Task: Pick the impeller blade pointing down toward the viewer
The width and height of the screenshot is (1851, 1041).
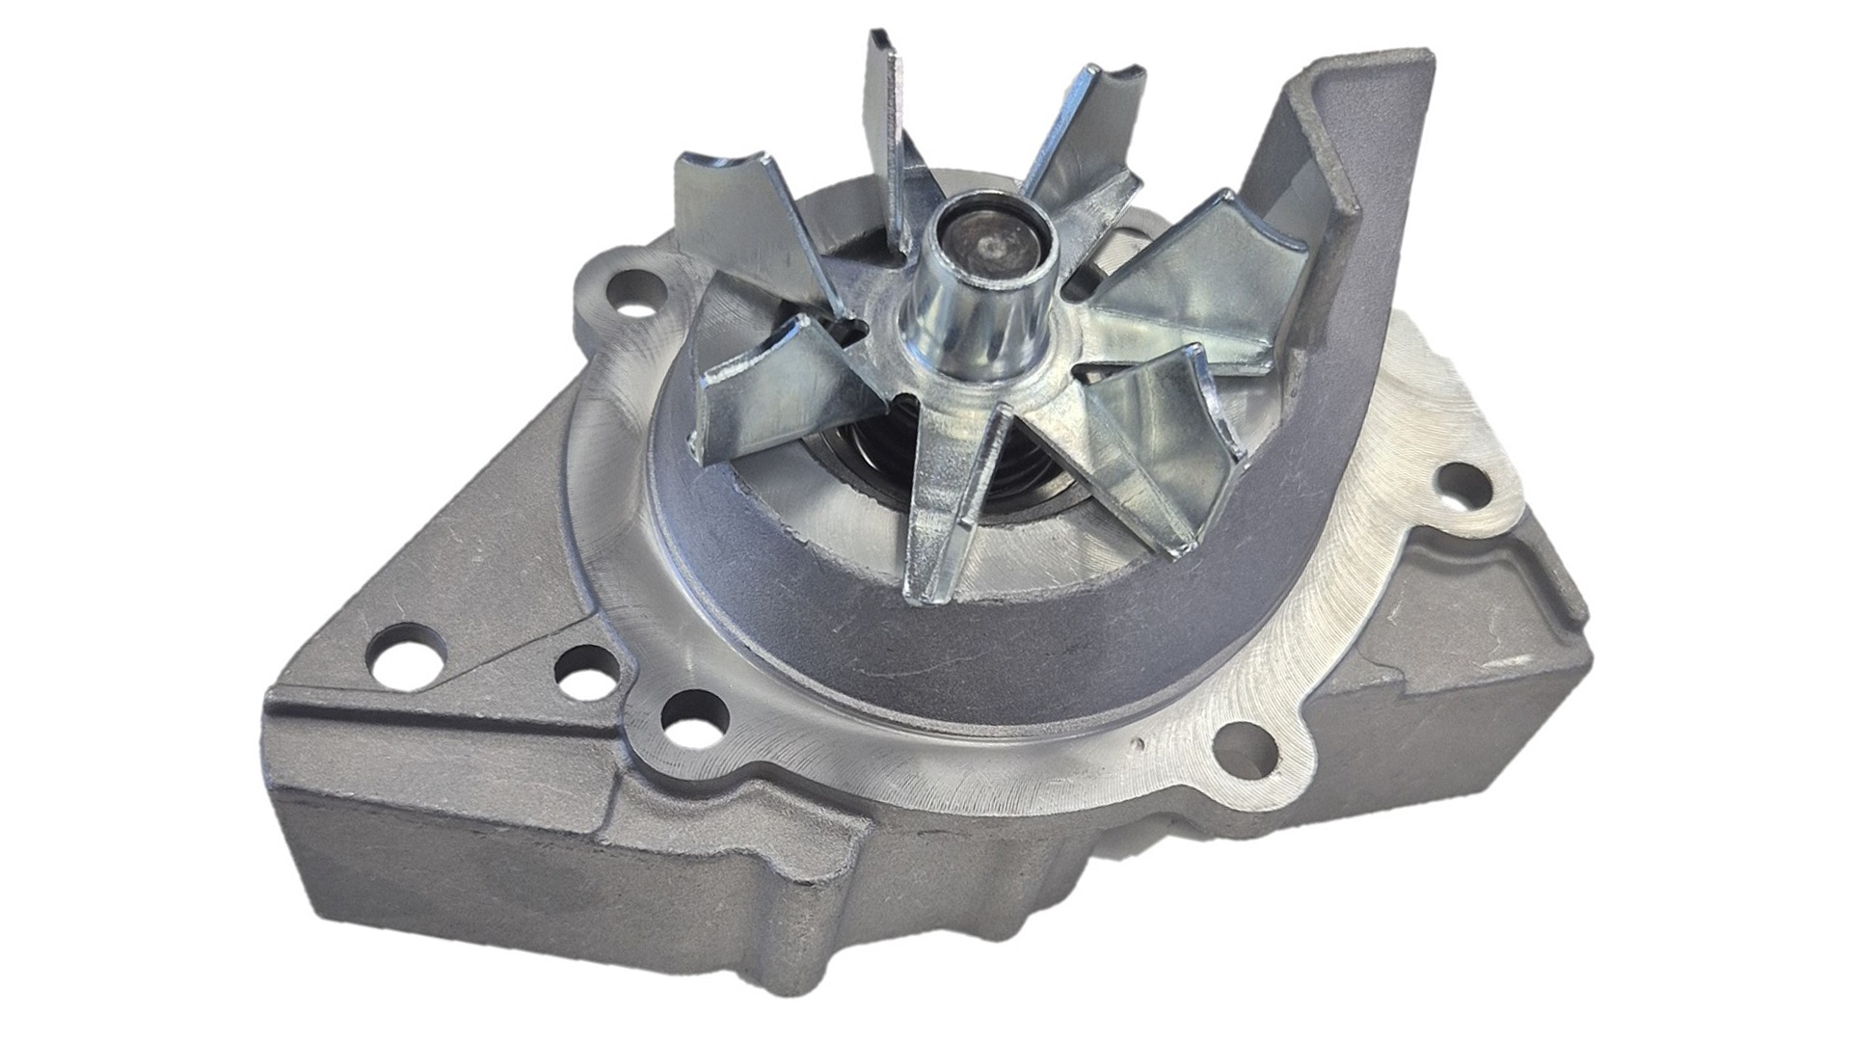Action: [x=950, y=501]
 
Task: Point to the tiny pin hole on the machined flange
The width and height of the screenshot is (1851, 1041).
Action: [x=1140, y=744]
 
